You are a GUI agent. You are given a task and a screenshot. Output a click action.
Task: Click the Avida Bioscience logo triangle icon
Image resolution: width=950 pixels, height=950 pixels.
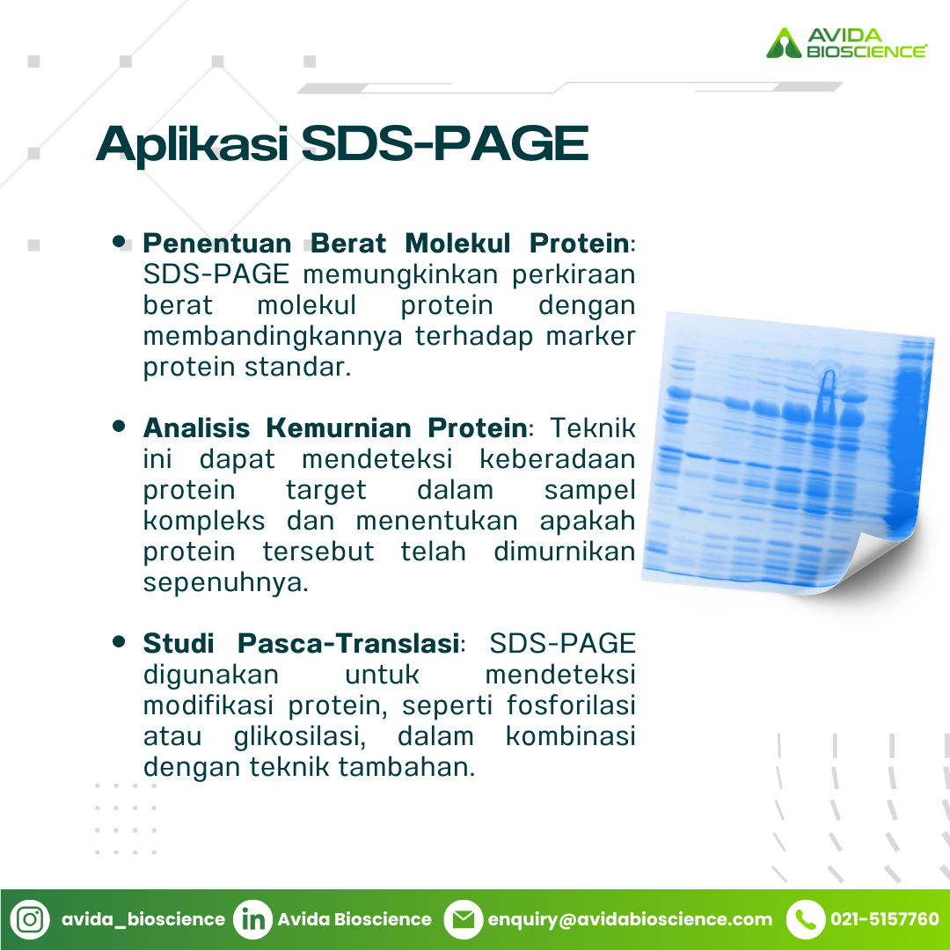[x=784, y=44]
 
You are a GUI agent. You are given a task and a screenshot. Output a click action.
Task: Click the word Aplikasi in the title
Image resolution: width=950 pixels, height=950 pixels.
[x=192, y=145]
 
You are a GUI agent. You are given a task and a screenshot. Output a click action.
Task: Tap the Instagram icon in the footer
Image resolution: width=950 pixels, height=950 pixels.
[x=30, y=919]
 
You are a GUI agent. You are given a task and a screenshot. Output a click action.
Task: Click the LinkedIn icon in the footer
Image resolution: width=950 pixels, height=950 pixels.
[x=252, y=919]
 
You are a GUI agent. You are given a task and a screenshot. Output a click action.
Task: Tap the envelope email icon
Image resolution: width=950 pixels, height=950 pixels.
[x=464, y=919]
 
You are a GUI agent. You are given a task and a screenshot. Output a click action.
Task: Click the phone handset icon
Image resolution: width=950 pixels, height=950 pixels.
[x=806, y=919]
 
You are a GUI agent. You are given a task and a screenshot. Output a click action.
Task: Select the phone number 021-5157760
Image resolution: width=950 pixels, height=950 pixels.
[x=885, y=919]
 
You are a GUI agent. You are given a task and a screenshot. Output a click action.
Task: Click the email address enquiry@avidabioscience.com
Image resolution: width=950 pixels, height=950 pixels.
[x=630, y=920]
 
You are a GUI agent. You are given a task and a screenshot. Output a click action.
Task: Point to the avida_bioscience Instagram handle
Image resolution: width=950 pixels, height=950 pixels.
[x=143, y=920]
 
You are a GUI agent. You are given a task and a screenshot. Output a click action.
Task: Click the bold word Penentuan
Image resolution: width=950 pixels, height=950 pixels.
[x=217, y=244]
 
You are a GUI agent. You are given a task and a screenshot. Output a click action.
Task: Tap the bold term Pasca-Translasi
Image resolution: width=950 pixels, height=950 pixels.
[x=347, y=643]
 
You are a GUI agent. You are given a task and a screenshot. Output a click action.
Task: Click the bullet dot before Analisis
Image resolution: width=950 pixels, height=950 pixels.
[x=119, y=426]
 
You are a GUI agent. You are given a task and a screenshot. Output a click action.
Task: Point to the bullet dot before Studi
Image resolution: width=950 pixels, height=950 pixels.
[x=119, y=641]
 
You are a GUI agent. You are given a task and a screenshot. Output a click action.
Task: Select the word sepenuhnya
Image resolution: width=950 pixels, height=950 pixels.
[x=225, y=583]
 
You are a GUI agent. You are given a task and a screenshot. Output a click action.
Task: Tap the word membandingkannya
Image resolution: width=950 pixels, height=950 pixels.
[x=273, y=337]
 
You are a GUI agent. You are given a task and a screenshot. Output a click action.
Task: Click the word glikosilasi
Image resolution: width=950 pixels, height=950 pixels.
[x=300, y=736]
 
